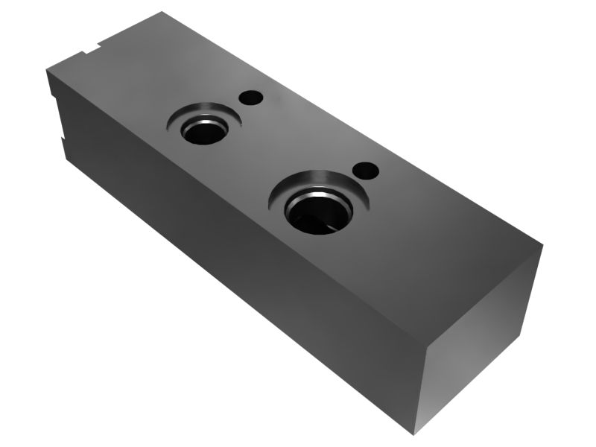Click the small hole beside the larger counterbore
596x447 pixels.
click(366, 171)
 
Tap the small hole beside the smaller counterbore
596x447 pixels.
click(251, 97)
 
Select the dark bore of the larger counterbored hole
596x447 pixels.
click(317, 212)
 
